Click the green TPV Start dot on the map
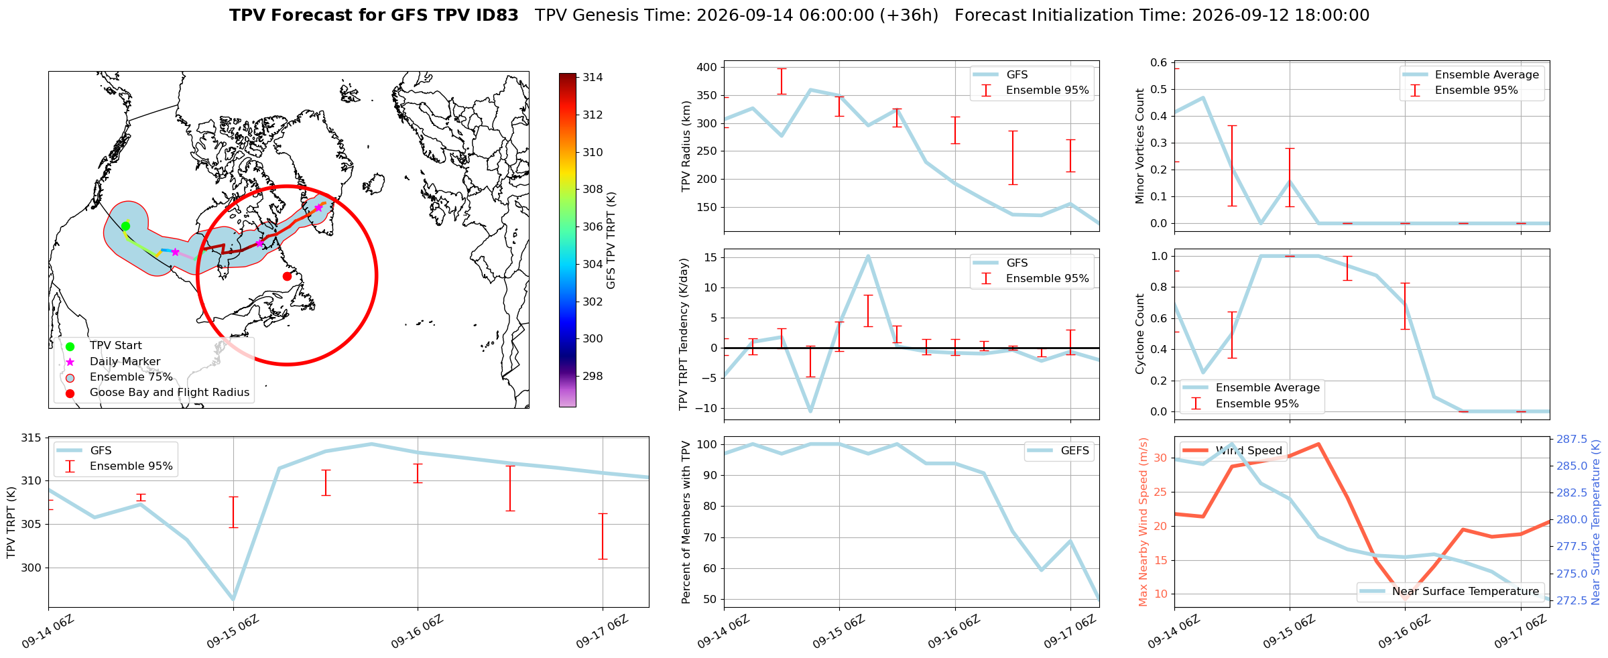coord(125,226)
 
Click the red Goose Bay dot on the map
coord(287,276)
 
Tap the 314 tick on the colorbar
coord(593,77)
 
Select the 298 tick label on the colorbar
coord(593,376)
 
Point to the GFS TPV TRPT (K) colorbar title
coord(611,241)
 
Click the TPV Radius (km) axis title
coord(686,146)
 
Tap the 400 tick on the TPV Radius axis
coord(707,67)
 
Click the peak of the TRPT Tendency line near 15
coord(868,255)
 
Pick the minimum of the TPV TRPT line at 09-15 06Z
coord(233,600)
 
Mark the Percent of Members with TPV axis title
coord(686,522)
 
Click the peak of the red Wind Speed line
coord(1318,444)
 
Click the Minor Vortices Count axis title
coord(1140,146)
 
